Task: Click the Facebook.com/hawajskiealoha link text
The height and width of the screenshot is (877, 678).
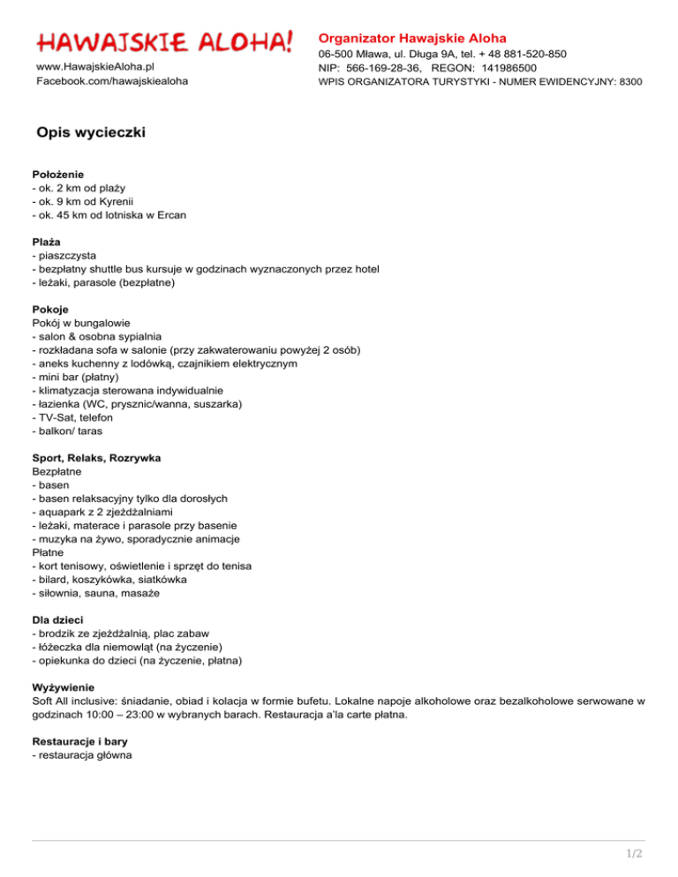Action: pyautogui.click(x=111, y=81)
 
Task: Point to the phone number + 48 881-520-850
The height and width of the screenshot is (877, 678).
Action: pyautogui.click(x=517, y=54)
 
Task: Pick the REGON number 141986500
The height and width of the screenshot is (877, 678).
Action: pyautogui.click(x=511, y=68)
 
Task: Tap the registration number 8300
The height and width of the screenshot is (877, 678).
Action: pyautogui.click(x=629, y=82)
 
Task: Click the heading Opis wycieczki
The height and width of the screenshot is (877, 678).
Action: pyautogui.click(x=91, y=133)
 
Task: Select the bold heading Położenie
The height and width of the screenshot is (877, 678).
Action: pyautogui.click(x=57, y=175)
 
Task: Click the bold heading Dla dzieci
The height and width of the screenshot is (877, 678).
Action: pyautogui.click(x=59, y=620)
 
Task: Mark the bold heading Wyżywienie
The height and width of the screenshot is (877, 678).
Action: pyautogui.click(x=63, y=688)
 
